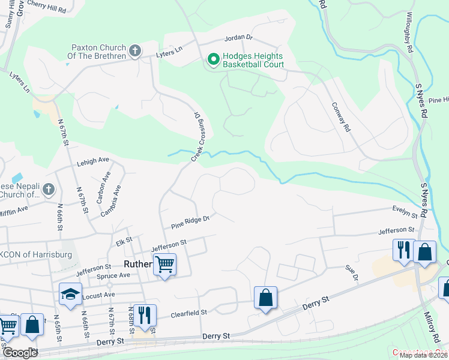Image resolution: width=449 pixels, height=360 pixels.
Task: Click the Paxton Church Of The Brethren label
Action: [x=99, y=52]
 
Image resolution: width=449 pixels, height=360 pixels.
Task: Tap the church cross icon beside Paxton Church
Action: [x=136, y=51]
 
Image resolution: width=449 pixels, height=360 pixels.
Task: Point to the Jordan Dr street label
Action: [x=238, y=38]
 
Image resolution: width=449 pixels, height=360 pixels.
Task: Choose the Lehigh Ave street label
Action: [x=92, y=160]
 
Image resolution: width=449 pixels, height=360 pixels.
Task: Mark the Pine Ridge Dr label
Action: [x=190, y=223]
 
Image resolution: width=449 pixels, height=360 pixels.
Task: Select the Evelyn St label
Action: [x=405, y=212]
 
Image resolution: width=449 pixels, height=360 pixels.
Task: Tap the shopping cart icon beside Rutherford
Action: [x=164, y=264]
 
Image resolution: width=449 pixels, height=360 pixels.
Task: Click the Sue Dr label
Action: [x=351, y=273]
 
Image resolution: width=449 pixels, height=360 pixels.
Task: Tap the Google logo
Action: [x=19, y=352]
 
